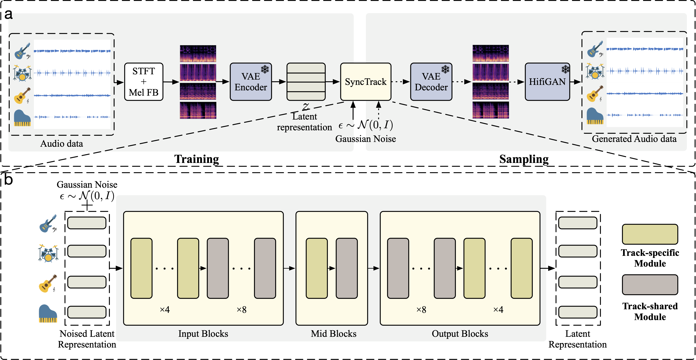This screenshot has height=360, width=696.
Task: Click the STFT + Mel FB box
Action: coord(144,82)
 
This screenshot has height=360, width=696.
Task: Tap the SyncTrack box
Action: coord(366,82)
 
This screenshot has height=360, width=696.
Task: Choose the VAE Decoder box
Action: coord(431,82)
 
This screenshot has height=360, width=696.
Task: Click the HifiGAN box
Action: coord(547,82)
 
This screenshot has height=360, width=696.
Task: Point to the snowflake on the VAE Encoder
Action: coord(265,69)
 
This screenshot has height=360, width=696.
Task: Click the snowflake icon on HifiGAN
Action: coord(565,69)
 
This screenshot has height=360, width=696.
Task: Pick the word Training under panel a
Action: coord(196,159)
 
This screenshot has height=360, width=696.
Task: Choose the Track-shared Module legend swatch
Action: coord(650,285)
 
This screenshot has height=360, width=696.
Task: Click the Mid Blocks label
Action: coord(333,334)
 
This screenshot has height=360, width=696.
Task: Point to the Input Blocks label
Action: coord(203,334)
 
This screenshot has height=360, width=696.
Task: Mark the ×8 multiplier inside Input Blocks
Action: coord(241,309)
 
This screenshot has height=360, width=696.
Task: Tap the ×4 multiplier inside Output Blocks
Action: coord(498,309)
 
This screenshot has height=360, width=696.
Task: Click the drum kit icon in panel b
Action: coord(48,253)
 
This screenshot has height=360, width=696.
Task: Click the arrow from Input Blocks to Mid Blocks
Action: coord(289,268)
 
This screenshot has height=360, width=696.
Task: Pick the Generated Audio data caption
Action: coord(634,139)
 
